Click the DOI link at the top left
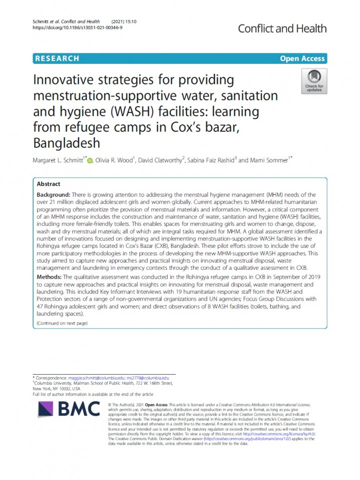click(77, 28)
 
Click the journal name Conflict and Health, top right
click(282, 28)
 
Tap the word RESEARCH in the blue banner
click(57, 58)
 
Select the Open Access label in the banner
click(302, 58)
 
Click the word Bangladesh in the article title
click(66, 143)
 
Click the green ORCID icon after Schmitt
click(90, 160)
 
